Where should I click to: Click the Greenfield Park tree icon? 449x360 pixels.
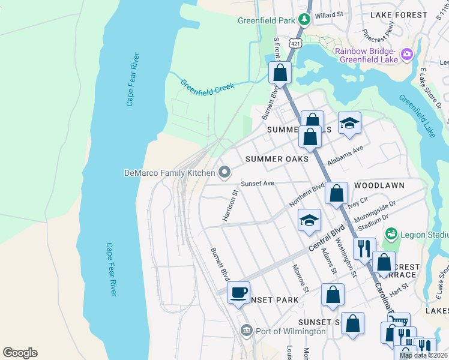(304, 20)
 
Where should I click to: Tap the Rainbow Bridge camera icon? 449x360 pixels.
(408, 55)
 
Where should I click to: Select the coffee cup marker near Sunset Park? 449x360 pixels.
(239, 293)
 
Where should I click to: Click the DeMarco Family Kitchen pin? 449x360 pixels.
(224, 173)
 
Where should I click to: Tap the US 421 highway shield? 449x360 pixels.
(294, 43)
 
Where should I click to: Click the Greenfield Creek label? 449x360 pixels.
(206, 85)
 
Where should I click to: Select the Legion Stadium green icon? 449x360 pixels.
(391, 232)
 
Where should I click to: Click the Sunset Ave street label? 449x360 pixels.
(257, 184)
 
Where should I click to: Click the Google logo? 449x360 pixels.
(20, 353)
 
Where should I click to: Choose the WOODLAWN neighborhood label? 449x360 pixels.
(379, 185)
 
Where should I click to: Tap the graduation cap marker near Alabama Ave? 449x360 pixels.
(349, 124)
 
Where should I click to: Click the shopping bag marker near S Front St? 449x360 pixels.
(280, 73)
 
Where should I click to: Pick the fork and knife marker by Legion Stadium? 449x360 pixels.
(364, 247)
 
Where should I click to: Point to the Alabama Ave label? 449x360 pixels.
(345, 156)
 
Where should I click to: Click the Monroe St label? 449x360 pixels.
(300, 278)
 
